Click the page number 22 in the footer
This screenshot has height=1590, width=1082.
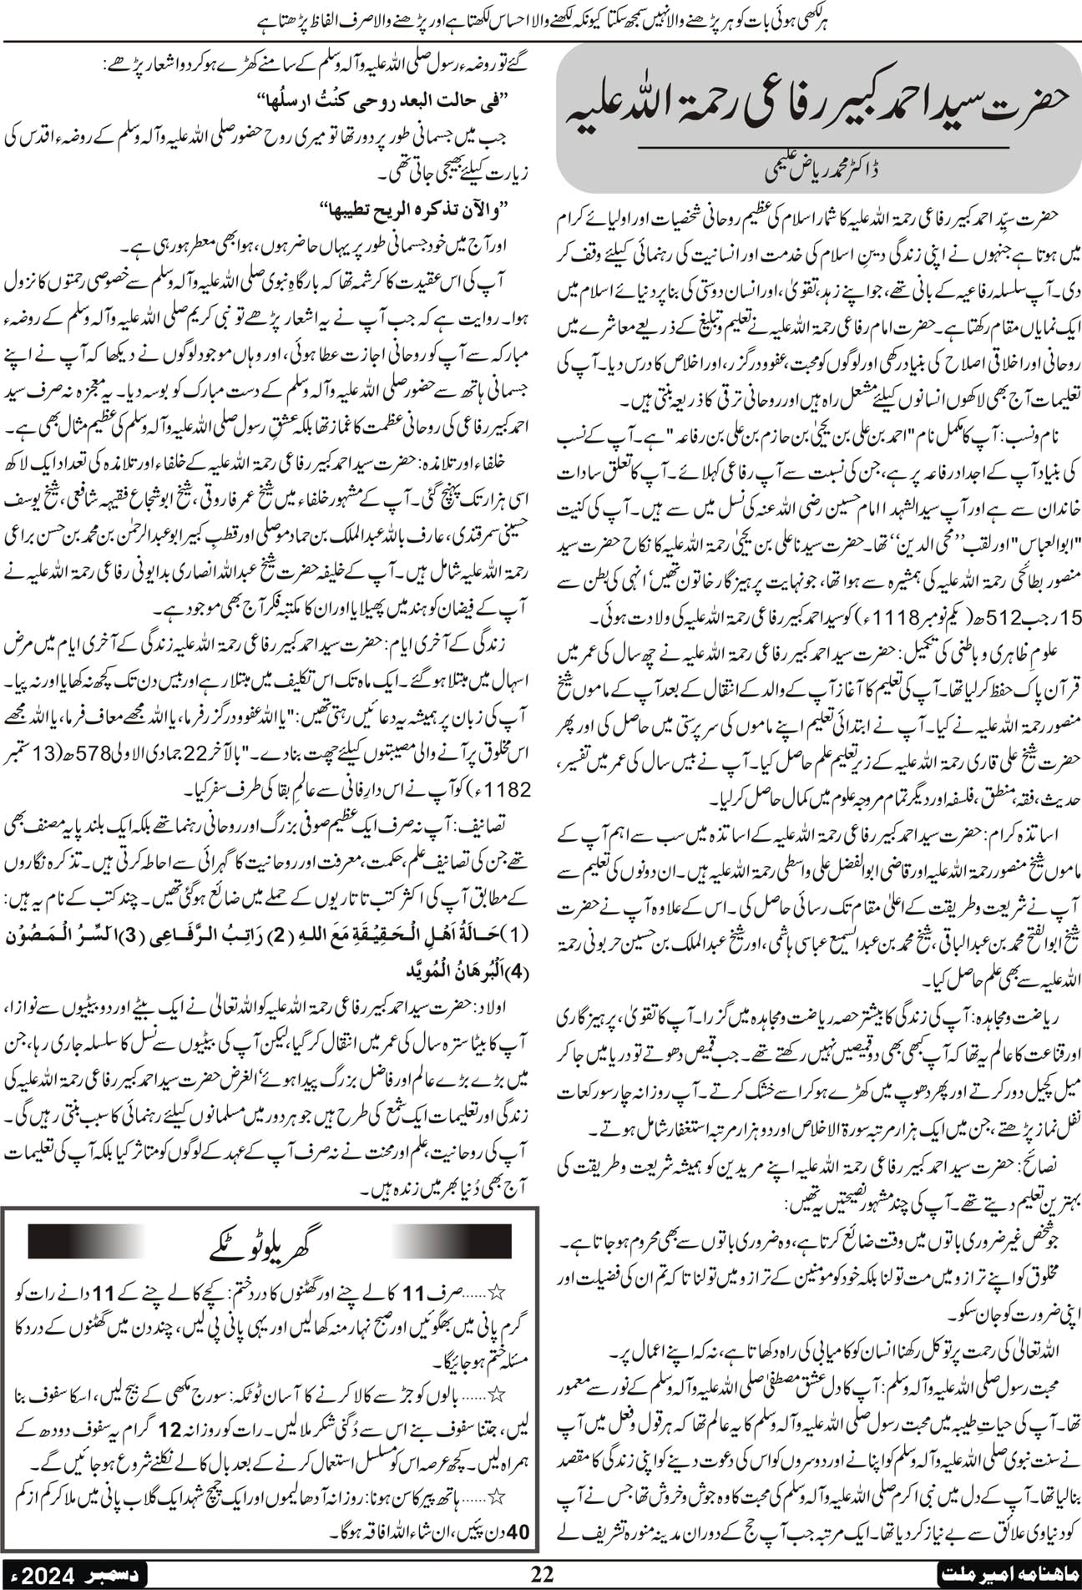[542, 1573]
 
